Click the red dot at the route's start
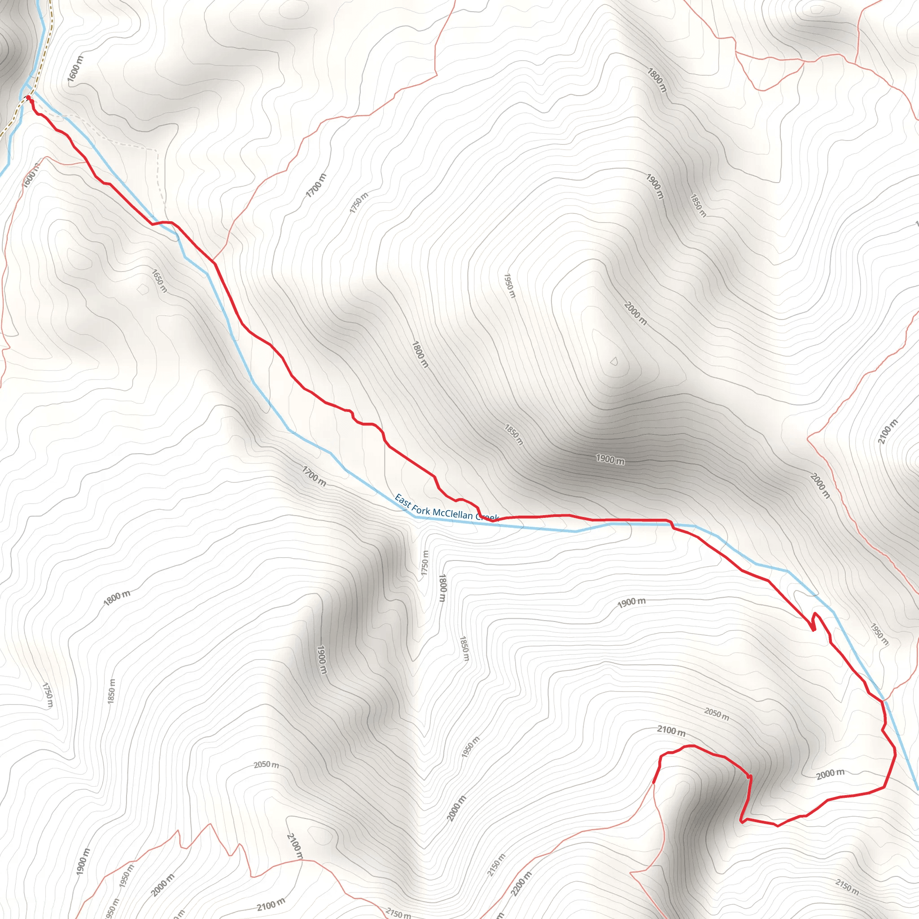click(x=28, y=97)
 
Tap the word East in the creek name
click(x=403, y=500)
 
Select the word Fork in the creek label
click(x=421, y=509)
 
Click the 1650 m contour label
click(x=159, y=280)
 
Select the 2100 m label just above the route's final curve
click(x=671, y=731)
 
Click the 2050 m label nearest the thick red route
click(x=716, y=714)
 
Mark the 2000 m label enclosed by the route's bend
click(x=831, y=774)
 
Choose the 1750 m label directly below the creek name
click(x=425, y=565)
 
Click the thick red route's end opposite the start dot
click(x=654, y=783)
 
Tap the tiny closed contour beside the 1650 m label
click(x=142, y=289)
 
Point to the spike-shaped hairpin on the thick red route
click(x=814, y=621)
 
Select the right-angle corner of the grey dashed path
click(x=157, y=150)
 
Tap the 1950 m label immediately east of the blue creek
click(x=879, y=634)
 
